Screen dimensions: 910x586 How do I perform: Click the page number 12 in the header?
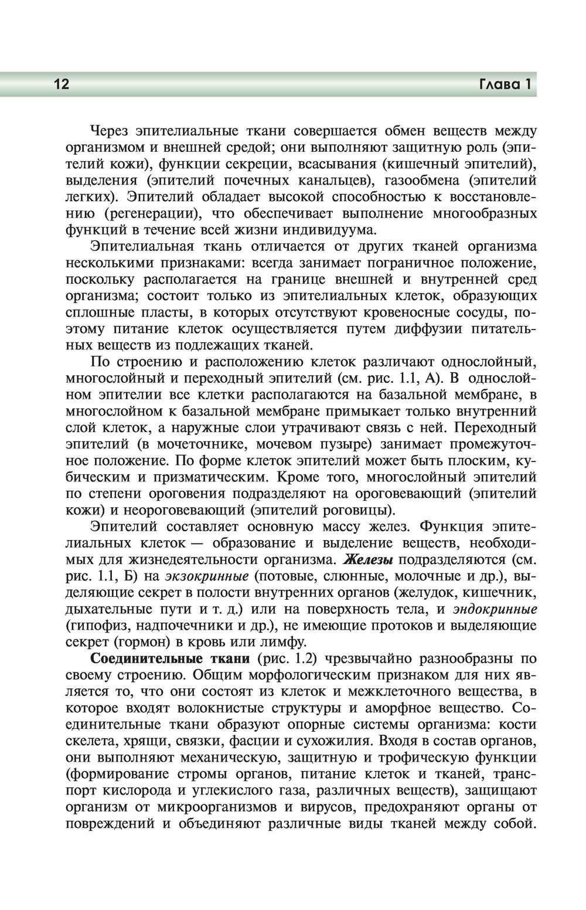tap(62, 84)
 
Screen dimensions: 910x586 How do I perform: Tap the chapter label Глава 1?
tap(505, 84)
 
